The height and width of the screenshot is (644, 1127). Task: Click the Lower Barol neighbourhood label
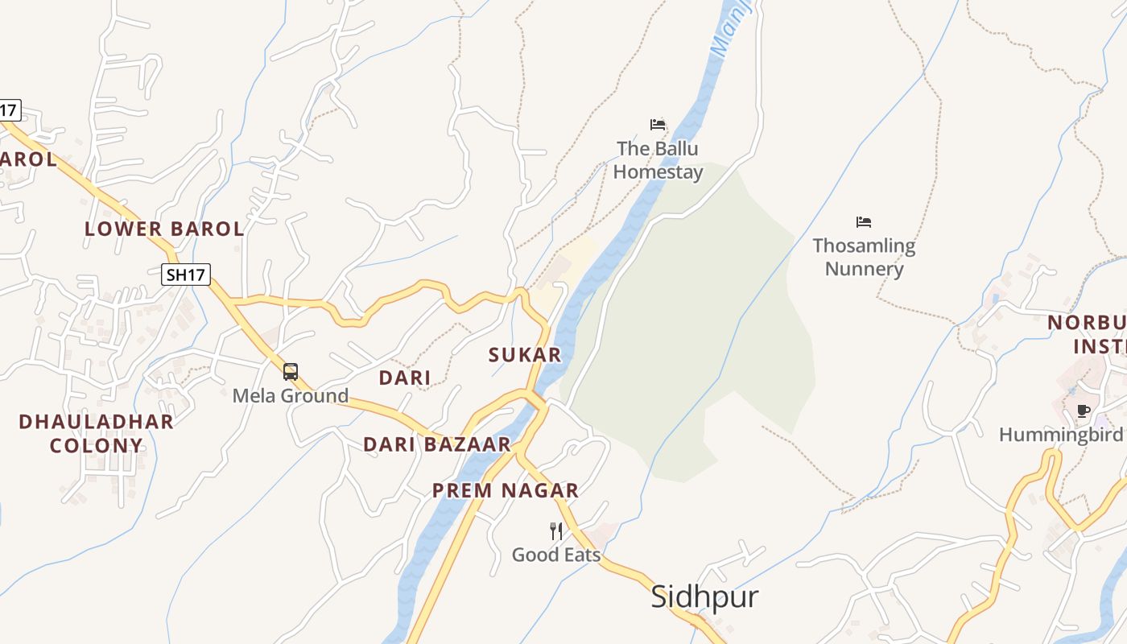click(x=164, y=229)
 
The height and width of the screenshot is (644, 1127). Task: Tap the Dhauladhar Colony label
click(x=96, y=433)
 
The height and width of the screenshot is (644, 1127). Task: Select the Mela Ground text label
click(x=291, y=395)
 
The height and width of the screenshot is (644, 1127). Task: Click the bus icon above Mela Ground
click(x=291, y=372)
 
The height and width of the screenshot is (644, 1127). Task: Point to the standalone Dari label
click(x=405, y=378)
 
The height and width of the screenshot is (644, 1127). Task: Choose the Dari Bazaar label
click(x=437, y=444)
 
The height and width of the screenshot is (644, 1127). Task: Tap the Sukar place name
click(x=525, y=355)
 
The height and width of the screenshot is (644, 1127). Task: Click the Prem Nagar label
click(x=506, y=490)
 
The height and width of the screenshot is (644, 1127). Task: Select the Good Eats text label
click(x=556, y=555)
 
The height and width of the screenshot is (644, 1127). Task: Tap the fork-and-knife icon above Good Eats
click(x=556, y=530)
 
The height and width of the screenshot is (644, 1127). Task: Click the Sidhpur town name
click(x=704, y=597)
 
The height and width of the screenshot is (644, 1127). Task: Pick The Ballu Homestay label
click(x=658, y=160)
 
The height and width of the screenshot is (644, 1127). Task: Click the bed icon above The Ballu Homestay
click(x=658, y=125)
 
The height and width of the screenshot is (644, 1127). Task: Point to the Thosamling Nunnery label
click(x=864, y=257)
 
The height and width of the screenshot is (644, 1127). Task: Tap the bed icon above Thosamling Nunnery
click(x=864, y=221)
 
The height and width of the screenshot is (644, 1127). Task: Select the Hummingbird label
click(x=1060, y=435)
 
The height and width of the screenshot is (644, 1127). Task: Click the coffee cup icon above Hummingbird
click(x=1084, y=411)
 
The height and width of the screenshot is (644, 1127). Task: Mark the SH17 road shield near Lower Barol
click(x=186, y=275)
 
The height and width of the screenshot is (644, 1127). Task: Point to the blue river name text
click(x=732, y=30)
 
